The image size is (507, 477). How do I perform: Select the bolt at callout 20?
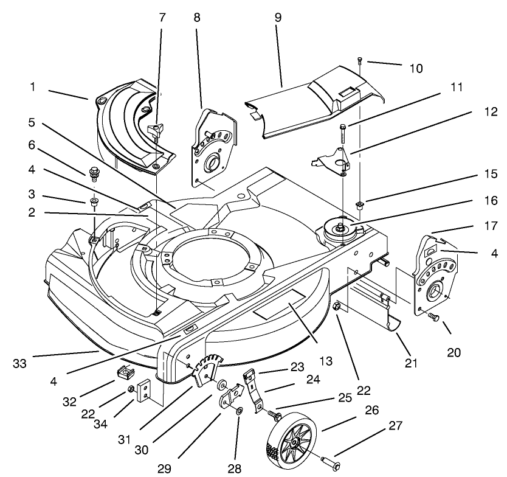[x=433, y=317]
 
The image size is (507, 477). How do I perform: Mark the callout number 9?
[x=278, y=17]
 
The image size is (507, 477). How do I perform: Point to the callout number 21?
[x=412, y=363]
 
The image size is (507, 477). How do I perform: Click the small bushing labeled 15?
[x=360, y=205]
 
